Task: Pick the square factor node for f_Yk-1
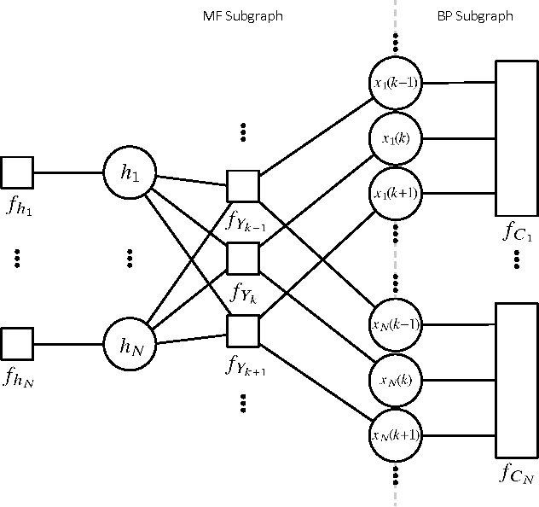243,185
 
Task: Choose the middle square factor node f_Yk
243,257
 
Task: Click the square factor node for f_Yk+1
243,330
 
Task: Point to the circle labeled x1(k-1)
395,83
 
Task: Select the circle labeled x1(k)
395,138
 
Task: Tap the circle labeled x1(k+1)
395,194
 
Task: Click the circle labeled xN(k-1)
395,325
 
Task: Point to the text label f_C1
516,233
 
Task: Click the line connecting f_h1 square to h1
67,172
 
